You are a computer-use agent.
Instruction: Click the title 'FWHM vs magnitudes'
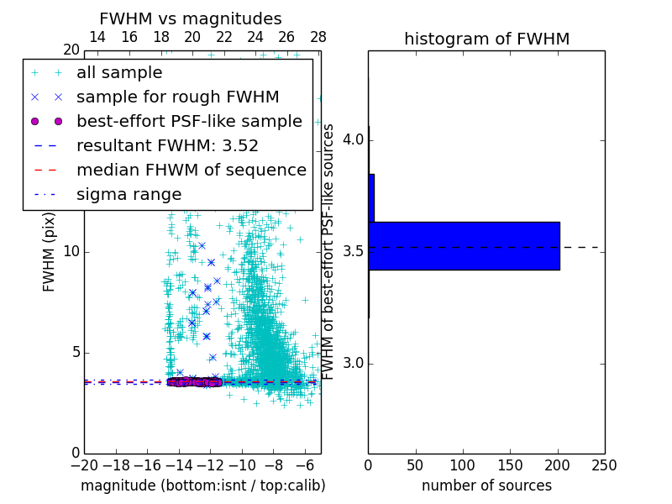click(x=191, y=18)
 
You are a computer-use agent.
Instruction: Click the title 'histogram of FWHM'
click(x=486, y=39)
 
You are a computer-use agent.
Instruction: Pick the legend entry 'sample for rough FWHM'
click(x=177, y=97)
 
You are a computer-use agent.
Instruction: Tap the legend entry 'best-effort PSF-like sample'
click(x=189, y=122)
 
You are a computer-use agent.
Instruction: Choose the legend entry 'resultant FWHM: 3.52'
click(x=167, y=146)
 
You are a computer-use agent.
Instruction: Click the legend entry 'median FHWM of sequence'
click(x=191, y=171)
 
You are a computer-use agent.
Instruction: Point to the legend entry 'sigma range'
click(x=129, y=195)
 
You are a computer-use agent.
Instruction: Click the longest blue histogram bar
click(x=464, y=246)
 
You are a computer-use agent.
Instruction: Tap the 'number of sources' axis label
click(x=486, y=486)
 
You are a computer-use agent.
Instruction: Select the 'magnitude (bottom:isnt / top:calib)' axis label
click(x=202, y=486)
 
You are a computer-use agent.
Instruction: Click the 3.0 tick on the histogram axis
click(x=353, y=363)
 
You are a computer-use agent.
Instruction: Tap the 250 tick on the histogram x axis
click(x=605, y=465)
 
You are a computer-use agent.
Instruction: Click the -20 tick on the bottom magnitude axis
click(x=84, y=465)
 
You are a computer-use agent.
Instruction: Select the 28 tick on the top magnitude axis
click(x=318, y=37)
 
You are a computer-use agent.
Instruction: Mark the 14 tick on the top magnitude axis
click(x=97, y=37)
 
